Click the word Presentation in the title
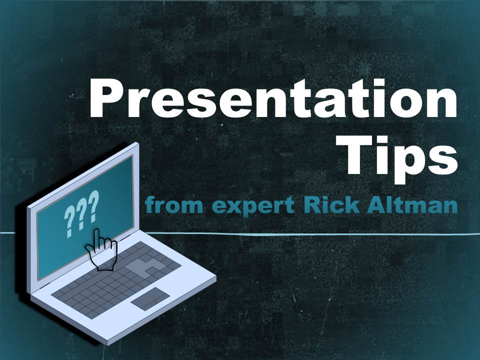273,98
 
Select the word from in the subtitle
174,204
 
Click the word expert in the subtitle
253,206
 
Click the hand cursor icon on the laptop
101,250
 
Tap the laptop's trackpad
150,299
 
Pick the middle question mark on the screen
81,213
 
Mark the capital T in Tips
361,154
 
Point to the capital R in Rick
312,204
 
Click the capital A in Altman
375,204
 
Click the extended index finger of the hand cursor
97,239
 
